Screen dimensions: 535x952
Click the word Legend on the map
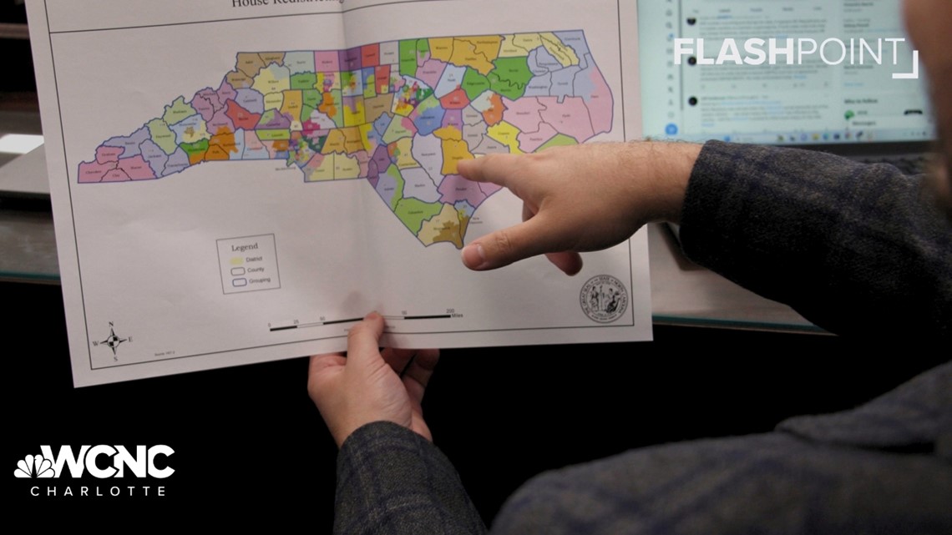(246, 247)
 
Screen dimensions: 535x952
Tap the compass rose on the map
(113, 340)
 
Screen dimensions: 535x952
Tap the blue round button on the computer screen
(671, 129)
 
